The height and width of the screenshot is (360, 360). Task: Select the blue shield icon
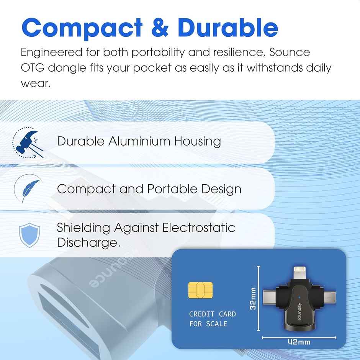pyautogui.click(x=29, y=234)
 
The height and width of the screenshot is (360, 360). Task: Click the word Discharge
pyautogui.click(x=86, y=242)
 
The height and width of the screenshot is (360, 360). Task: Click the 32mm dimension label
pyautogui.click(x=253, y=299)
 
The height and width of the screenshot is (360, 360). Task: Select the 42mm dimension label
pyautogui.click(x=299, y=342)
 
